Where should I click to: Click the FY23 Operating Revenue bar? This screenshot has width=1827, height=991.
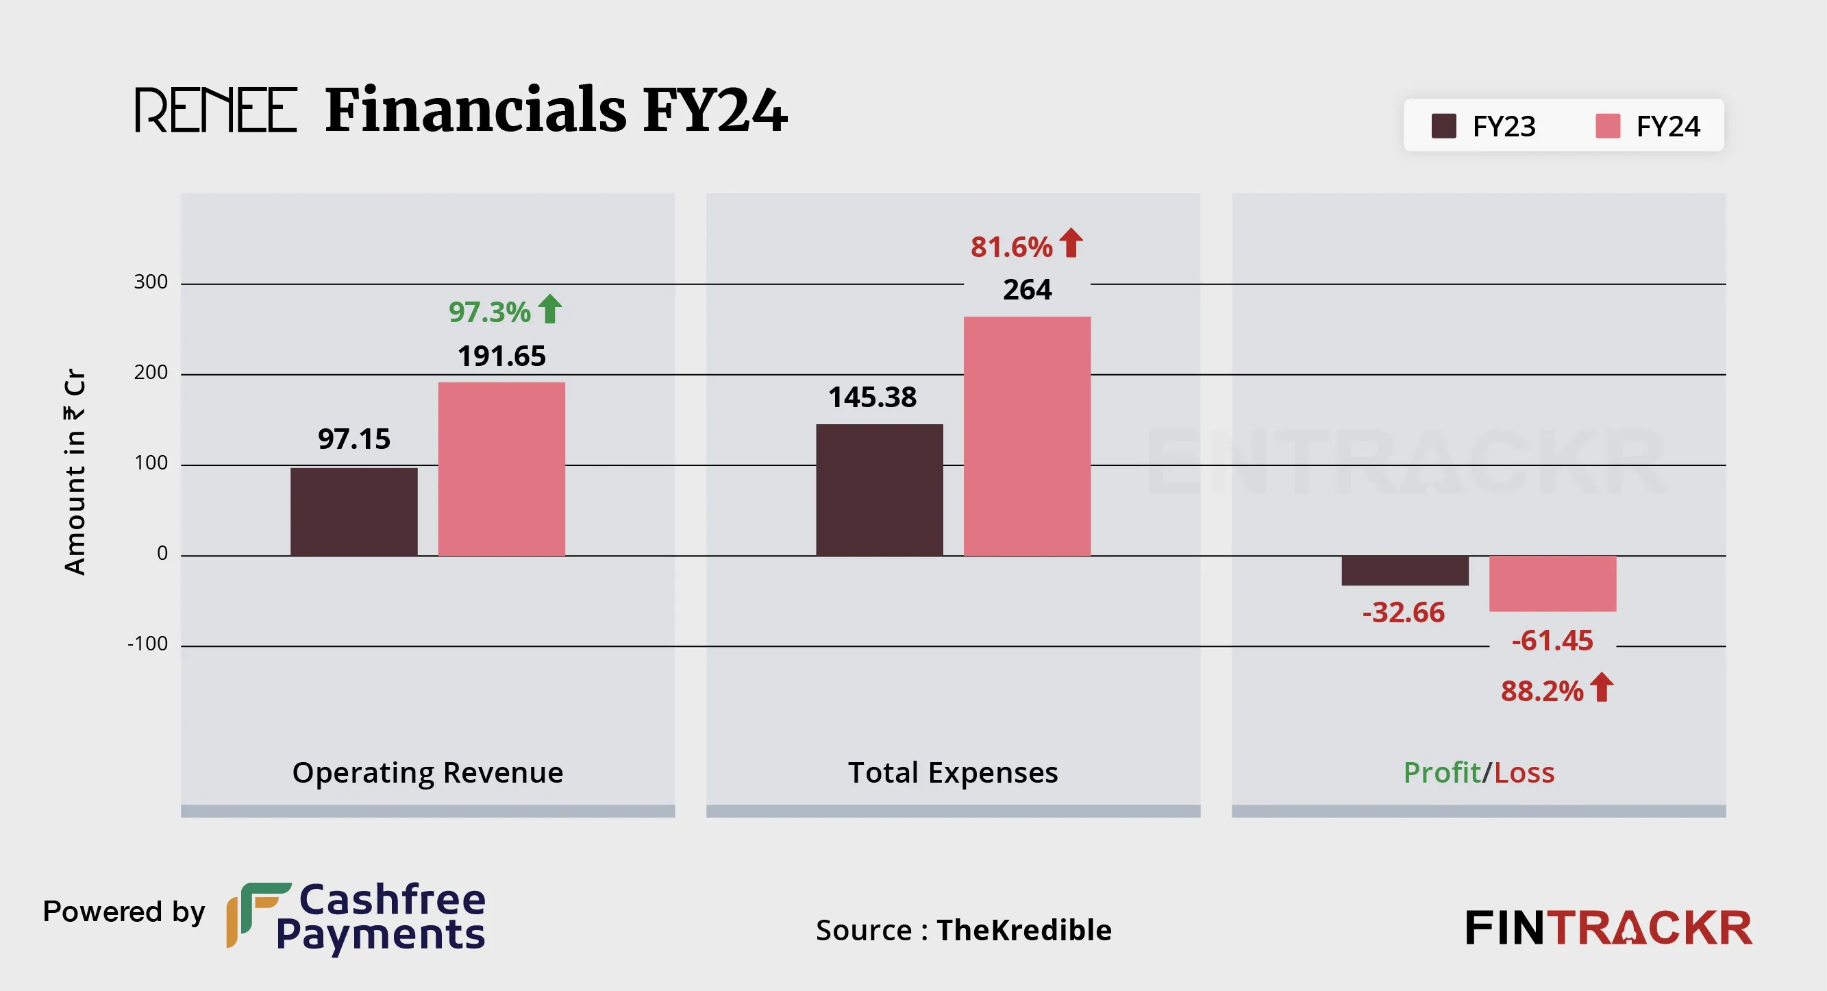click(354, 511)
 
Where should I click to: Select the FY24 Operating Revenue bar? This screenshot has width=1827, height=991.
click(501, 469)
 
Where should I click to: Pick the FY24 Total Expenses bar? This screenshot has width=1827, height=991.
click(1027, 436)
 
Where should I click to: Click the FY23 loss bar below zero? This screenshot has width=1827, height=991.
click(1404, 570)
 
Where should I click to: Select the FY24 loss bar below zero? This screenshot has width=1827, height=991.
click(1552, 583)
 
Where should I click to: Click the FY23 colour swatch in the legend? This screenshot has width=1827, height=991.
click(1444, 126)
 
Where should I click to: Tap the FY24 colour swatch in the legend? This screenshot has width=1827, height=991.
click(1608, 126)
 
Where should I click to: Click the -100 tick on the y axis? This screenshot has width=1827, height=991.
click(147, 644)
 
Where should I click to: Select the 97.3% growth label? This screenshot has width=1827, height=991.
click(489, 312)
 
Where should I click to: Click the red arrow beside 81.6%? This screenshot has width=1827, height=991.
click(1071, 243)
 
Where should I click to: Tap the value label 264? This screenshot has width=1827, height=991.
click(1027, 289)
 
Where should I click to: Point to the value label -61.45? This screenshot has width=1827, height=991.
click(1552, 641)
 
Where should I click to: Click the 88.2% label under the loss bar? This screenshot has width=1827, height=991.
click(1542, 691)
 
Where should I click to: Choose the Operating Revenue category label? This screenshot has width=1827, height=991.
click(427, 772)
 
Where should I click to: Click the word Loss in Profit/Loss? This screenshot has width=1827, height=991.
click(1524, 772)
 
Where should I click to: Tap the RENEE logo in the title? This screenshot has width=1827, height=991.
click(216, 110)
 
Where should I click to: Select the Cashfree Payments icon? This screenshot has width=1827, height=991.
click(257, 914)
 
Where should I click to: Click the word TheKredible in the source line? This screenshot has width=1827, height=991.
click(1024, 930)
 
